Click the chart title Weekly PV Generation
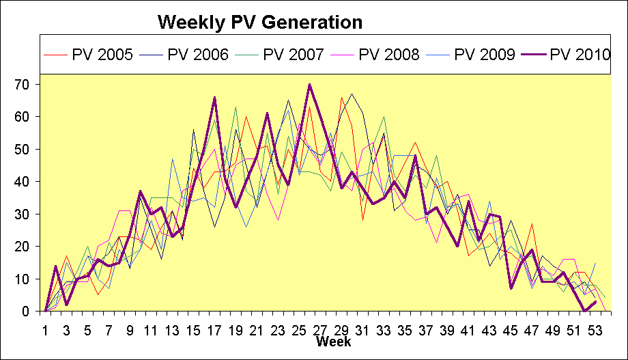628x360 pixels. pyautogui.click(x=259, y=23)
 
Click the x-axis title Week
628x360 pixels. pyautogui.click(x=333, y=341)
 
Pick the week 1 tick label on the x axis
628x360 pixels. pyautogui.click(x=46, y=329)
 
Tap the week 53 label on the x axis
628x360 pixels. pyautogui.click(x=595, y=329)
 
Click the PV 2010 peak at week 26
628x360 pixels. pyautogui.click(x=309, y=85)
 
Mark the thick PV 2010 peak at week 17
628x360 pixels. pyautogui.click(x=214, y=98)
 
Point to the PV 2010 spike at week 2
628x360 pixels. pyautogui.click(x=56, y=266)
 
